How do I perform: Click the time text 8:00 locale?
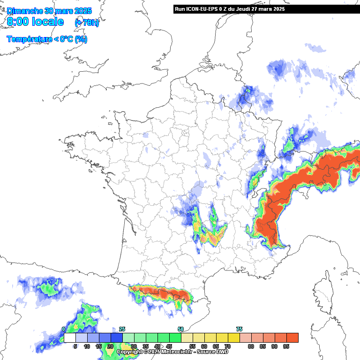35,22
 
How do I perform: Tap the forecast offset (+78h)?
87,22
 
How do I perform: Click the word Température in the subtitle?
29,39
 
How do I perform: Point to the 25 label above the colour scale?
122,329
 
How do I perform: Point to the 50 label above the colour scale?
181,329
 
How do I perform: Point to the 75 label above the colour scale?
239,329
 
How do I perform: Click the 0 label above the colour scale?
64,329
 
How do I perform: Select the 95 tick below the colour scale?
286,347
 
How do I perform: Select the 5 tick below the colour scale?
75,347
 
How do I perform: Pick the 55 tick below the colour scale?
192,347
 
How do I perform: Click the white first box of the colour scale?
70,337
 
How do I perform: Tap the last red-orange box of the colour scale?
292,337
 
